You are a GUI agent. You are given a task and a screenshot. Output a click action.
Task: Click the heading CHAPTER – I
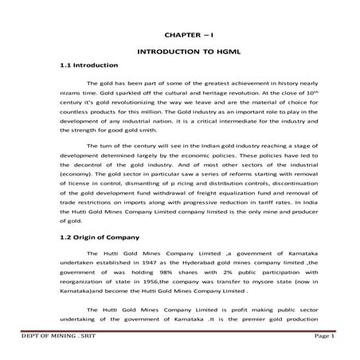[x=185, y=37]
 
